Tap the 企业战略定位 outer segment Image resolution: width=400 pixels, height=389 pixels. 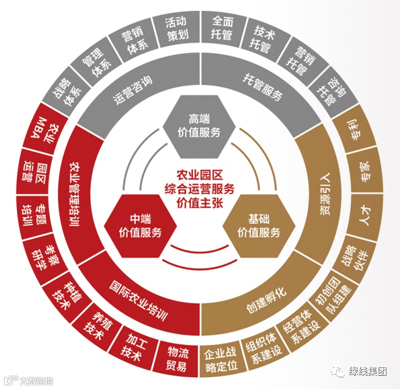[222, 360]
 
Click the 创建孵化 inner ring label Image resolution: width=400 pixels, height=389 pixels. [266, 301]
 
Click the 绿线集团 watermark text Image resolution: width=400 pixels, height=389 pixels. [367, 372]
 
